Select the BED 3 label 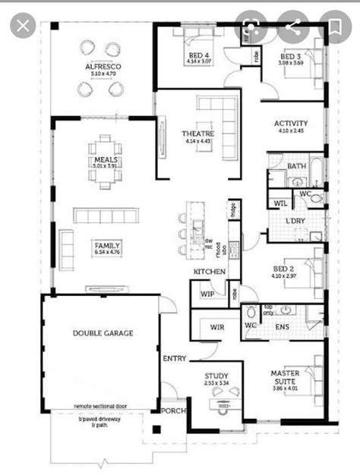point(292,57)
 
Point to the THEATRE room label point(196,134)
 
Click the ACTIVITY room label point(291,124)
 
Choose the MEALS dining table point(103,160)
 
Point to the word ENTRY point(174,357)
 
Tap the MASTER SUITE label point(286,378)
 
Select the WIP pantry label point(207,293)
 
